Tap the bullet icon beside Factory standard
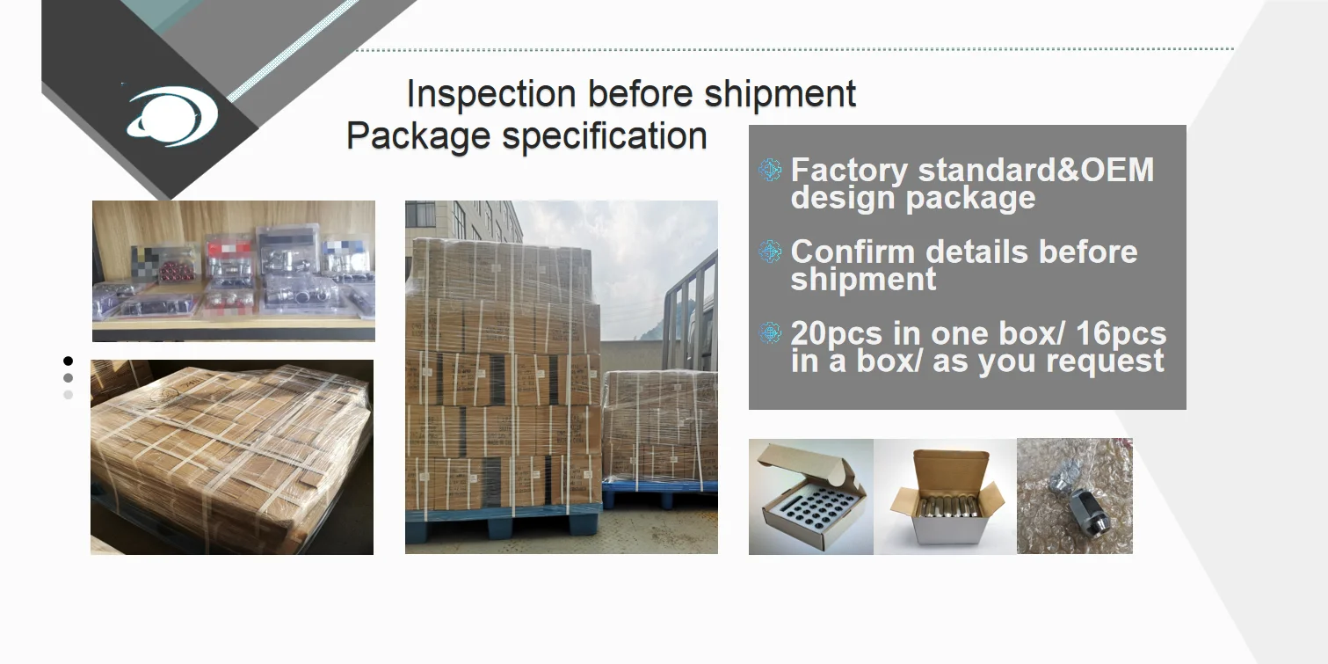pyautogui.click(x=770, y=170)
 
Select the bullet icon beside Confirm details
pyautogui.click(x=770, y=252)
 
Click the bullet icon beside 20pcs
pyautogui.click(x=770, y=333)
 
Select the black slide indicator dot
pyautogui.click(x=68, y=361)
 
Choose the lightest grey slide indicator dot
pyautogui.click(x=68, y=395)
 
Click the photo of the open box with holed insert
pyautogui.click(x=810, y=497)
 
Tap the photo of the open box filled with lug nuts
pyautogui.click(x=945, y=497)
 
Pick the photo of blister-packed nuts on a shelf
pyautogui.click(x=234, y=270)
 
